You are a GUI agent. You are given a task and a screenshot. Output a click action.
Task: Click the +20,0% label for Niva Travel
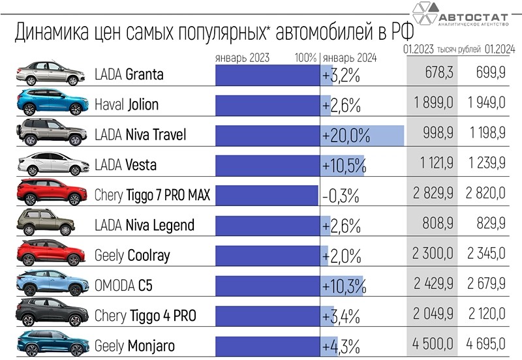point(346,136)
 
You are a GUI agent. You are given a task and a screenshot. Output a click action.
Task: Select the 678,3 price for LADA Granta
point(435,75)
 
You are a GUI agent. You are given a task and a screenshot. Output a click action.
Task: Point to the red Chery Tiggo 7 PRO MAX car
point(51,194)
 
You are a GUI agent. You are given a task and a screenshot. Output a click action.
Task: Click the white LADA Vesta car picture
point(51,164)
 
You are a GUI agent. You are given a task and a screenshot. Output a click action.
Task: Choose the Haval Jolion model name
point(127,105)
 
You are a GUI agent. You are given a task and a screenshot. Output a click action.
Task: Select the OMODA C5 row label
point(123,285)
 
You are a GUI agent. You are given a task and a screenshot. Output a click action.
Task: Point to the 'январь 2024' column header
point(350,57)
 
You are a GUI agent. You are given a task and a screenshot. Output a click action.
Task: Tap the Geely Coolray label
point(132,255)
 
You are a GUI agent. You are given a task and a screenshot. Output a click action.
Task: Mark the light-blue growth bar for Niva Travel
point(388,136)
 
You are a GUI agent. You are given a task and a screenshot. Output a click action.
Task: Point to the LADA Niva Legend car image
point(51,224)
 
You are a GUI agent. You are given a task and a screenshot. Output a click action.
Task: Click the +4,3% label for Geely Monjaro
point(341,345)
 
